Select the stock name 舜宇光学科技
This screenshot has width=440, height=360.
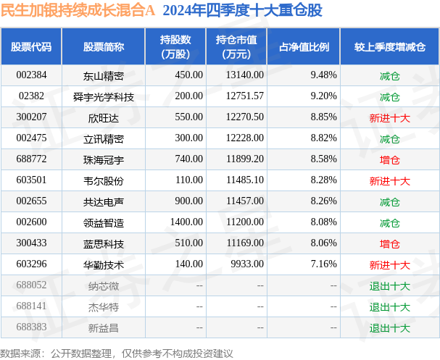click(x=104, y=96)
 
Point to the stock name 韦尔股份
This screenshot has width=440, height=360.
click(x=104, y=180)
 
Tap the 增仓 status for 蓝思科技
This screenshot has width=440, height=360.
click(x=389, y=244)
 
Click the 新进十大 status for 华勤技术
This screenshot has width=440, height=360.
click(x=389, y=265)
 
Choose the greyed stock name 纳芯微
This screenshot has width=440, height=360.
click(x=104, y=286)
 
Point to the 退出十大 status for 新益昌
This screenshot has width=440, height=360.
click(x=389, y=328)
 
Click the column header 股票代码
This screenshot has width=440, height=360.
click(x=31, y=46)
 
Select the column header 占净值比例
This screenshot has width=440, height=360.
click(x=304, y=46)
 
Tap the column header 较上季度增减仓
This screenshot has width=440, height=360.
click(x=389, y=46)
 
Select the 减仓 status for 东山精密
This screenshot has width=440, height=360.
click(x=389, y=75)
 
